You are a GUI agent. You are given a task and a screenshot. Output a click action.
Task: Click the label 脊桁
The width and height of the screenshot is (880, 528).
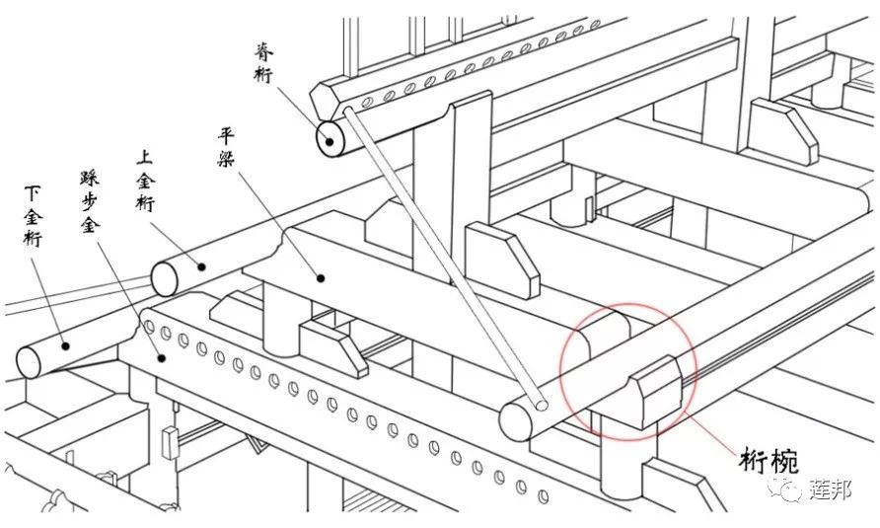(263, 62)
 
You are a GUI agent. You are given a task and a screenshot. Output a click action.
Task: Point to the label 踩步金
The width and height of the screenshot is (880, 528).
(90, 202)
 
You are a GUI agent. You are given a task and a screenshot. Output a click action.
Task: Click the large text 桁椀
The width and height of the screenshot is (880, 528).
(769, 462)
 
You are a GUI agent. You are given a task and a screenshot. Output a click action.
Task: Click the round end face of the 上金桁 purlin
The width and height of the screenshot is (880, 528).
(165, 278)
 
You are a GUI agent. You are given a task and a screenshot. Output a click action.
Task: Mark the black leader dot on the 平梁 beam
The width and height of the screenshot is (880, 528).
(321, 277)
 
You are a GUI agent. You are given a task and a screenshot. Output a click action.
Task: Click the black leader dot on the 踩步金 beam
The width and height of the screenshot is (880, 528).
(162, 357)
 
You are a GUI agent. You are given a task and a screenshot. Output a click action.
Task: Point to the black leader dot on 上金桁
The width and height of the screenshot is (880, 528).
(200, 266)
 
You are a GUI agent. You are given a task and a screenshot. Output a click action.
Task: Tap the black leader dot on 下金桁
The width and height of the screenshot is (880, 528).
(66, 346)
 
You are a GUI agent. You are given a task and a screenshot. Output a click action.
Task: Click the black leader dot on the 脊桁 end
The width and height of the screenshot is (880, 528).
(330, 141)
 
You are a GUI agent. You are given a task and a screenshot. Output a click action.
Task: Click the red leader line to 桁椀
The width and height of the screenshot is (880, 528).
(710, 432)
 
